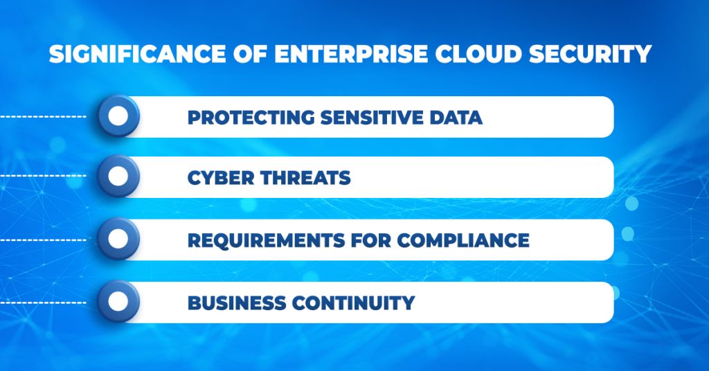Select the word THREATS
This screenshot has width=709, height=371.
(x=305, y=178)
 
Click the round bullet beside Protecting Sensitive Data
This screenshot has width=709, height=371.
(x=118, y=116)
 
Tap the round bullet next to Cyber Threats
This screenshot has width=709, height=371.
(x=118, y=177)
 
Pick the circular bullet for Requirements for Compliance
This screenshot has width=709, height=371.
(x=118, y=239)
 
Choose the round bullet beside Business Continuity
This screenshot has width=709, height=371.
(x=118, y=302)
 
